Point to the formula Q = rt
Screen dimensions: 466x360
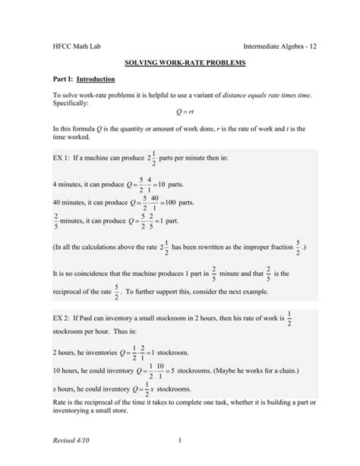[x=179, y=112]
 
